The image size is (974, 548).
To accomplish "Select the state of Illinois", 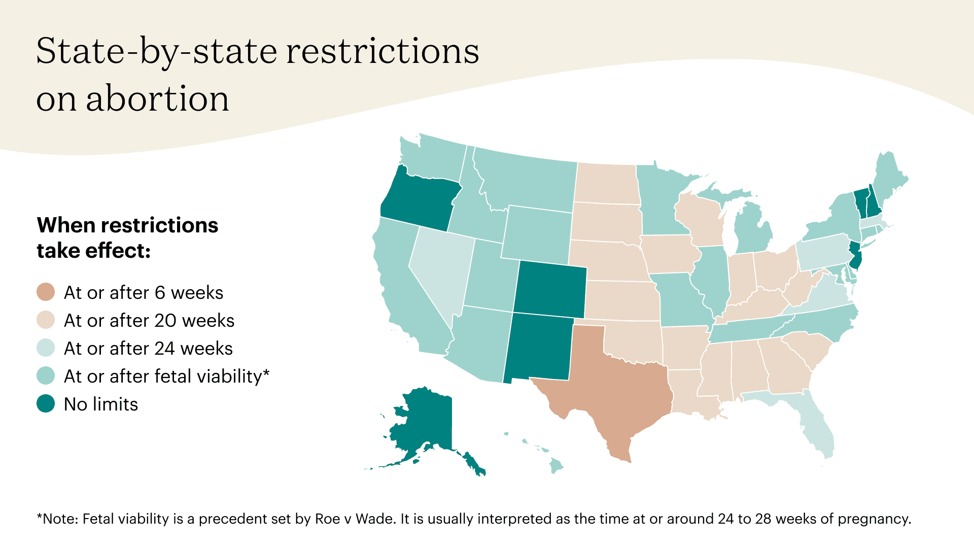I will pos(713,277).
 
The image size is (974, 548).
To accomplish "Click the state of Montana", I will pos(528,180).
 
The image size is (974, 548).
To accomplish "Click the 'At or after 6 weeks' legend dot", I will pos(46,292).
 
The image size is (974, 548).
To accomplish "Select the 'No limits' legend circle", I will pos(46,404).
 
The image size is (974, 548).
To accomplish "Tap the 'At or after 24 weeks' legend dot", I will pos(46,348).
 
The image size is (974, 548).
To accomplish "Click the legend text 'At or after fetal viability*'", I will pos(166,376).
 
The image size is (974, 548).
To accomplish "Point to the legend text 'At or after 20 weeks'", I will pos(149,321).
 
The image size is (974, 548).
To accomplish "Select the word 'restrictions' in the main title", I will pos(382,52).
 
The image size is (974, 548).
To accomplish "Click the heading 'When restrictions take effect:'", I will pos(127,237).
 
